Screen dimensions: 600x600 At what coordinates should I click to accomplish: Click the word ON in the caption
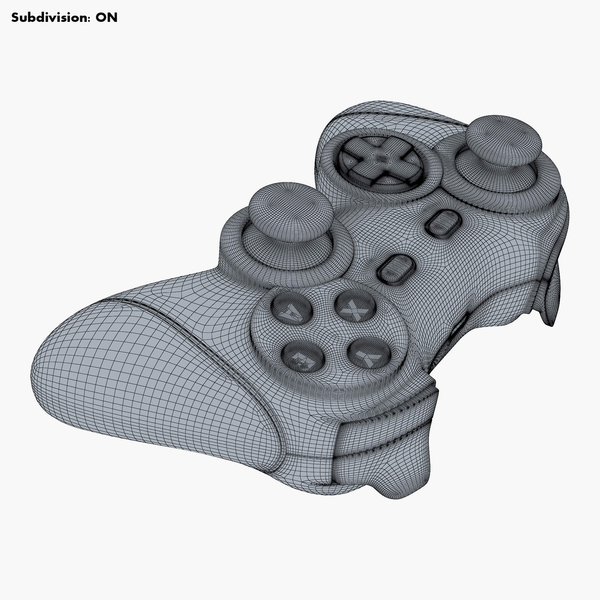(x=107, y=18)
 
